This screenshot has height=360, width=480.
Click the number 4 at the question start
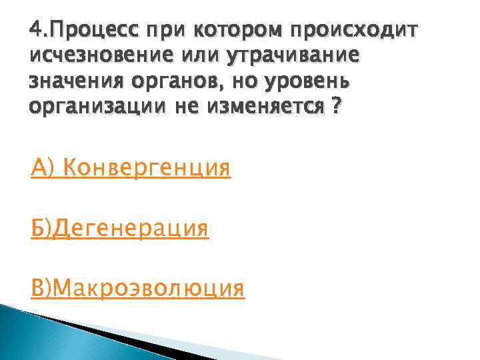(35, 31)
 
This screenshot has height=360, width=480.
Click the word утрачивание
(294, 56)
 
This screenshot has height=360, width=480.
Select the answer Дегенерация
(132, 228)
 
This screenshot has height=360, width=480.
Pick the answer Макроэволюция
(149, 288)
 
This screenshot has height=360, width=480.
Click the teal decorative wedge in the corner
(40, 333)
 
